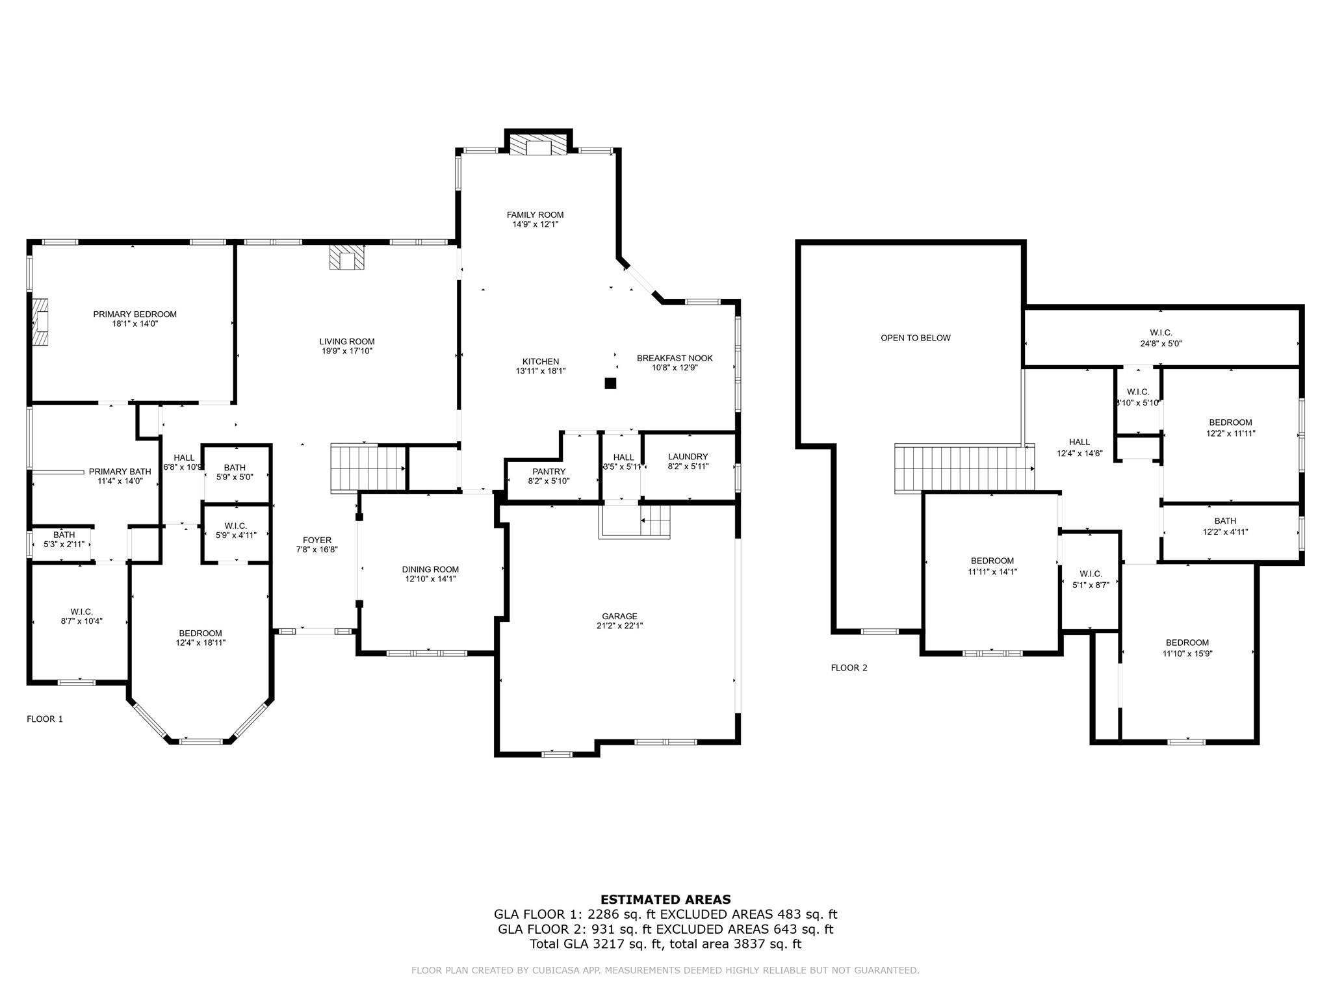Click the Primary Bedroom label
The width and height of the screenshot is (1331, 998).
click(135, 314)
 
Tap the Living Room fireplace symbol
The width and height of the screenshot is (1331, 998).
click(347, 257)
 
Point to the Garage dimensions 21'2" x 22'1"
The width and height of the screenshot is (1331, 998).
click(619, 626)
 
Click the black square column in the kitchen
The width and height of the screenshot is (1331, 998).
click(610, 383)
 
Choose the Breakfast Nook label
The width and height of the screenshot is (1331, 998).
click(674, 358)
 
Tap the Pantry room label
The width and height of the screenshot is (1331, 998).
click(549, 472)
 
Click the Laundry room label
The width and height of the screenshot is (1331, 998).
click(688, 457)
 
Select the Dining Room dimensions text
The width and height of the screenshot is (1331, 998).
click(430, 579)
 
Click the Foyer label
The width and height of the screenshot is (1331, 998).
click(317, 540)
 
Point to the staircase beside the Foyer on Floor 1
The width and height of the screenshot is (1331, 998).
click(367, 467)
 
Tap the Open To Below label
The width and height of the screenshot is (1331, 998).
click(915, 338)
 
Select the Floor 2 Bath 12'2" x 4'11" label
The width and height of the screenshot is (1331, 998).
click(1225, 521)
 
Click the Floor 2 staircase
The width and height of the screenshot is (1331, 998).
click(964, 468)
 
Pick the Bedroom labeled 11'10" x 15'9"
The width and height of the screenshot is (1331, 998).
click(1187, 643)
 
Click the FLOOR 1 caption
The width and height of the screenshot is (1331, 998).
click(45, 719)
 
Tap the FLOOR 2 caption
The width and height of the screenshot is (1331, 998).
click(849, 668)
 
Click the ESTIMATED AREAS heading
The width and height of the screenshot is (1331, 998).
click(665, 899)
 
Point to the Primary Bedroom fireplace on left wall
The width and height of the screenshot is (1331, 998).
click(42, 322)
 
